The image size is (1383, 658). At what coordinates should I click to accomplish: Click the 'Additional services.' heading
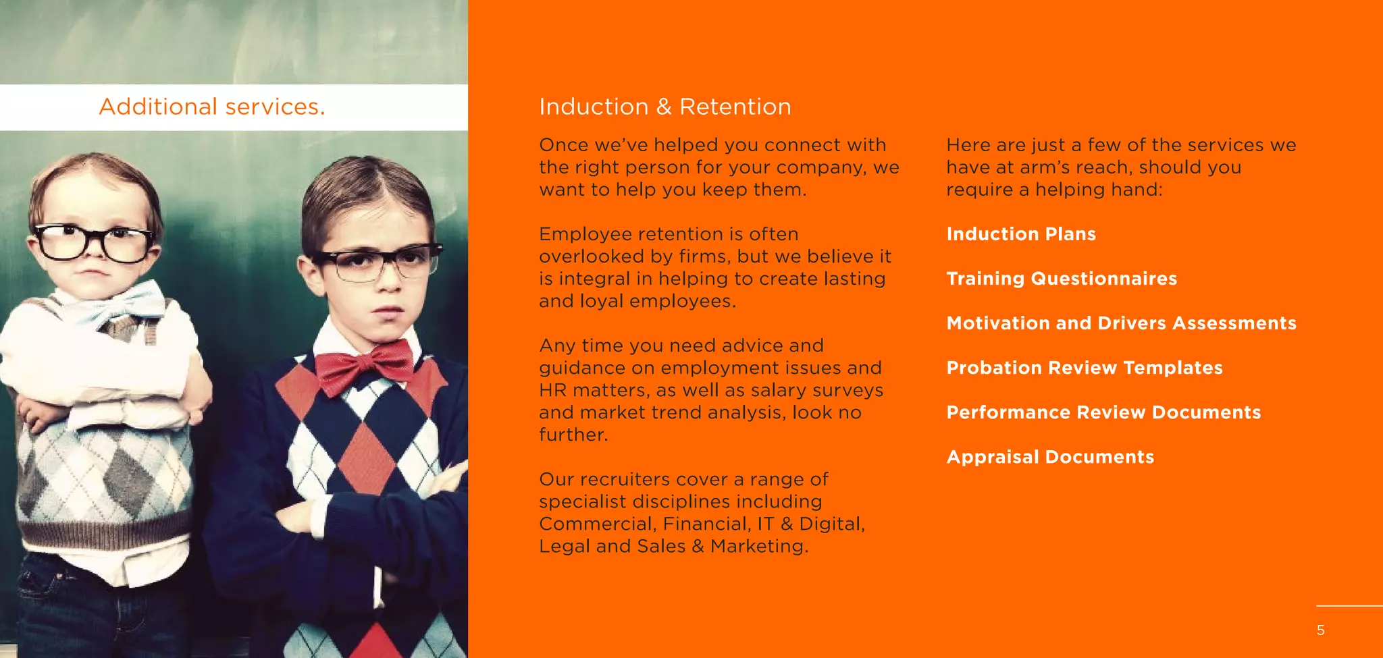tap(212, 107)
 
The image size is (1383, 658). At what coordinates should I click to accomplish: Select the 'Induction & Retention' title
tap(664, 107)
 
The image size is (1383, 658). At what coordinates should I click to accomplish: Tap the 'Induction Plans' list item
tap(1020, 234)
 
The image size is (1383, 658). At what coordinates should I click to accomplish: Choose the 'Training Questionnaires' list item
tap(1061, 279)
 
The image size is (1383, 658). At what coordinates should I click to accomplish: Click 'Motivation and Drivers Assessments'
tap(1121, 323)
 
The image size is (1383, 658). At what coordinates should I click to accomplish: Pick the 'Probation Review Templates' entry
tap(1084, 368)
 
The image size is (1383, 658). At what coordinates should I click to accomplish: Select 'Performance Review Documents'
tap(1103, 412)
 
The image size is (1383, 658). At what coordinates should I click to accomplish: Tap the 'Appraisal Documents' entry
tap(1049, 457)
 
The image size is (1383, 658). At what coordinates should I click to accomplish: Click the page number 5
tap(1320, 630)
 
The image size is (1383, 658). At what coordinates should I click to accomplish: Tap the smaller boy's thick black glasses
tap(95, 243)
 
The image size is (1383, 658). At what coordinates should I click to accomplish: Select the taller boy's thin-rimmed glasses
tap(378, 263)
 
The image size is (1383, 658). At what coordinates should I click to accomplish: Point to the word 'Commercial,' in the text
tap(597, 524)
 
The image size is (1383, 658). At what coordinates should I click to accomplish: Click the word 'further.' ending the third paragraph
tap(573, 435)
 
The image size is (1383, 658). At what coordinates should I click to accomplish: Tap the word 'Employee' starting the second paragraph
tap(585, 234)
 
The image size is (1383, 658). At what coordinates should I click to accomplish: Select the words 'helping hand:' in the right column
tap(1099, 190)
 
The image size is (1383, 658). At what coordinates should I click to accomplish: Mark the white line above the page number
tap(1349, 606)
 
